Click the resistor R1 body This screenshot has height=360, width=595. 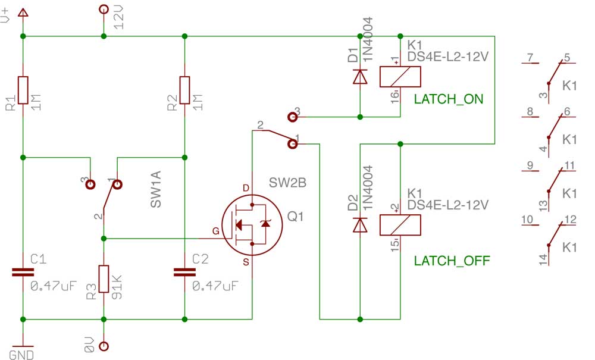(x=23, y=90)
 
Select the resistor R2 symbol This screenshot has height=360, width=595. (x=185, y=90)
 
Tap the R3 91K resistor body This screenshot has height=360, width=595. (x=104, y=279)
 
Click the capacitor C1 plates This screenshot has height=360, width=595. (x=23, y=272)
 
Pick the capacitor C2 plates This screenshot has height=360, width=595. (x=185, y=272)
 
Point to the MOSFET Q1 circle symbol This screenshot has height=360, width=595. (x=252, y=225)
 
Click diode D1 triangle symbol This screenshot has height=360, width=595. (x=360, y=76)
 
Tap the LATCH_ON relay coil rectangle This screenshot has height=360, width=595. (x=400, y=77)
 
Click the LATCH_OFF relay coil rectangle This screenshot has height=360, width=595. (x=400, y=225)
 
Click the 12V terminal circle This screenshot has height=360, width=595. (x=104, y=9)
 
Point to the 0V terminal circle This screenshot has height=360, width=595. (x=104, y=346)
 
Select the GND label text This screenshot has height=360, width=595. (x=21, y=355)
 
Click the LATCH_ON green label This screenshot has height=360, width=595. (x=449, y=99)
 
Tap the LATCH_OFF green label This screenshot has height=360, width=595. (x=452, y=261)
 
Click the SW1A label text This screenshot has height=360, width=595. (x=156, y=189)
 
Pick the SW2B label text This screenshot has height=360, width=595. (x=287, y=183)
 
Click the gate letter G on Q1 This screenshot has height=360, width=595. (x=216, y=231)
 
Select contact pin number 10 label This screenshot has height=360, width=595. (x=527, y=219)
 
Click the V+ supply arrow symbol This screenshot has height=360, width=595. (x=23, y=13)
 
